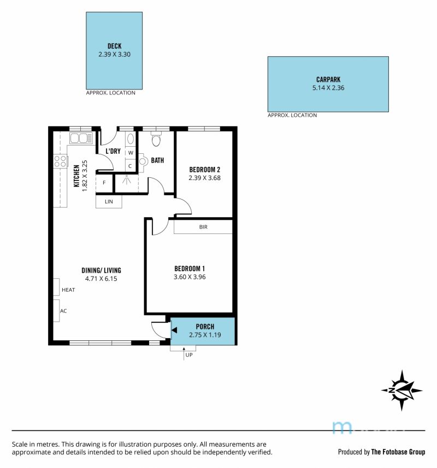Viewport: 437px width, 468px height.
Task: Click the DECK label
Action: click(x=115, y=46)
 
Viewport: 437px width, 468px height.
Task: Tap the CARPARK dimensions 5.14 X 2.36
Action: click(x=328, y=88)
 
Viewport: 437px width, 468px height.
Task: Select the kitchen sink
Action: click(x=81, y=138)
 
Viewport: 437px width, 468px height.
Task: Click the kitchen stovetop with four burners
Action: click(x=60, y=161)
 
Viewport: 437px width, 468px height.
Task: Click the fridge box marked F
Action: click(x=104, y=182)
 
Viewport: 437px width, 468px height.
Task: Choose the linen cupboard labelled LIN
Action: click(x=109, y=201)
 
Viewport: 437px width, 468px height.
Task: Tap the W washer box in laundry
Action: click(x=131, y=153)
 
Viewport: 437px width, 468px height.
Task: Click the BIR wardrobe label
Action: click(x=203, y=227)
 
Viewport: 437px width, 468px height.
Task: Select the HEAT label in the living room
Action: click(x=68, y=290)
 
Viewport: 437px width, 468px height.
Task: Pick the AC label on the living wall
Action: click(x=63, y=311)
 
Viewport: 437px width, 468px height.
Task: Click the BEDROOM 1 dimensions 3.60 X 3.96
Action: click(x=190, y=277)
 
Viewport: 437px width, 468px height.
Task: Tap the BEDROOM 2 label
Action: click(x=205, y=170)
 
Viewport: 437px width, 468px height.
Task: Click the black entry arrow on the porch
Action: click(x=174, y=330)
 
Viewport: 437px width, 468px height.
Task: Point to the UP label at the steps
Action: click(x=189, y=355)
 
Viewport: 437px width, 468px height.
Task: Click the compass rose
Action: click(x=401, y=390)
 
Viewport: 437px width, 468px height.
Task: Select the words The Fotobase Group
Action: click(x=398, y=452)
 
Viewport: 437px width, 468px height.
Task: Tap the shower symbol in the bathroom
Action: click(x=127, y=179)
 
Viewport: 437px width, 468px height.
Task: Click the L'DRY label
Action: click(x=113, y=151)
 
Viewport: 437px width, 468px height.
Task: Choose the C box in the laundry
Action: click(x=131, y=166)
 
